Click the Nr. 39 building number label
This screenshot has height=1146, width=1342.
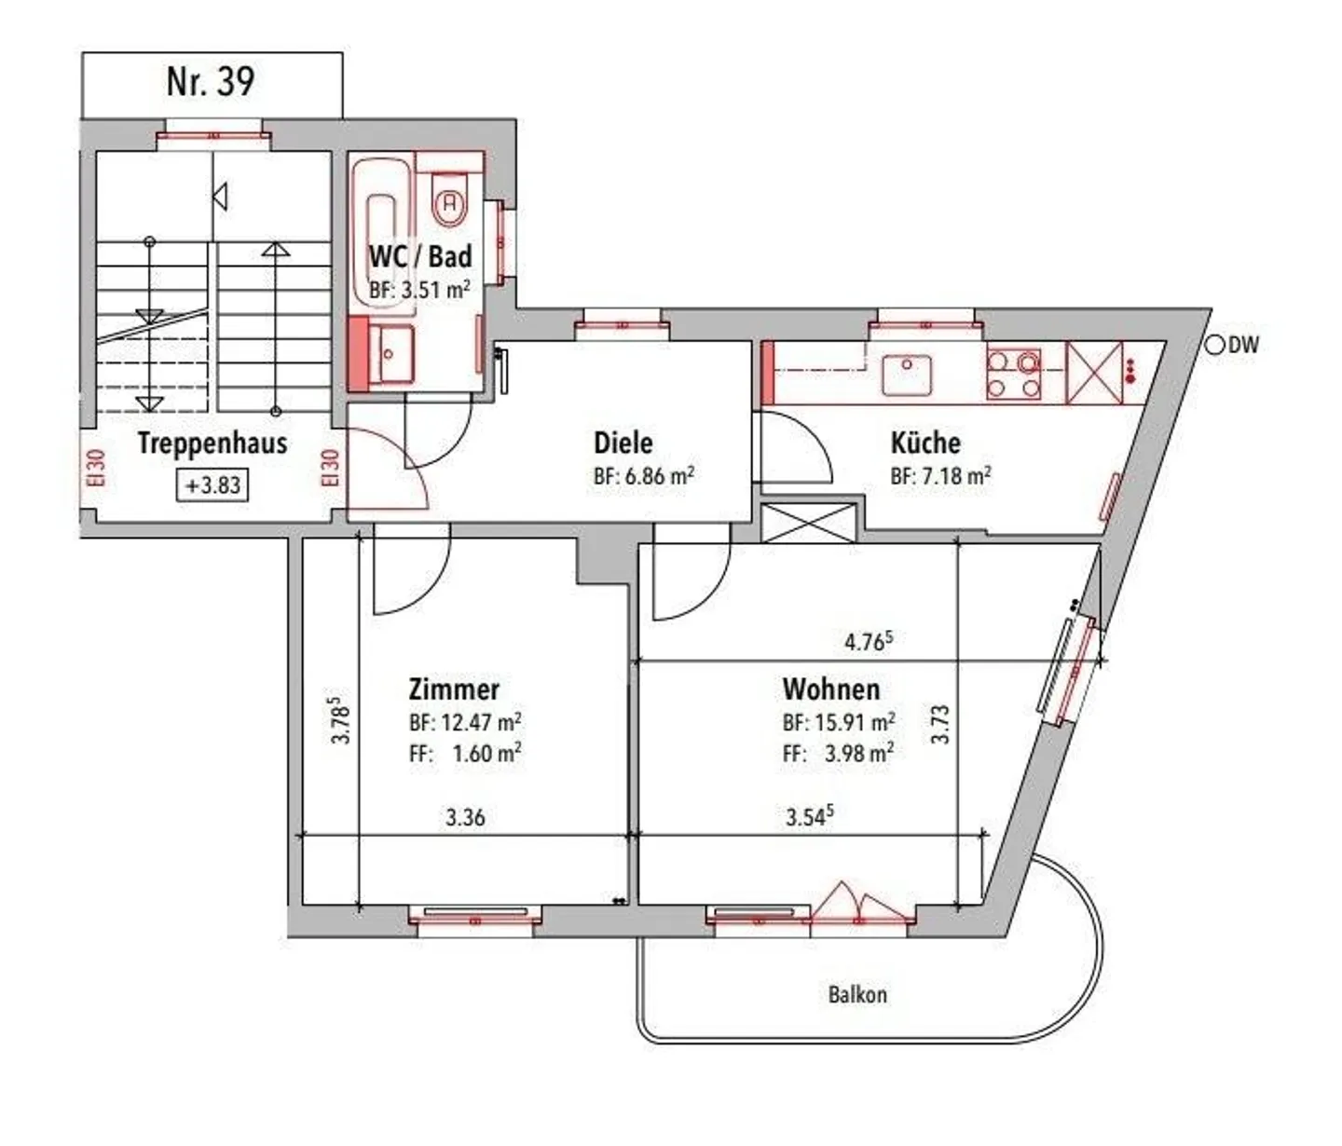(x=211, y=82)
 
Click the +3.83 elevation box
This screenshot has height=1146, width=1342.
(x=213, y=484)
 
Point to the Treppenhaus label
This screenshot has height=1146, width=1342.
(x=212, y=443)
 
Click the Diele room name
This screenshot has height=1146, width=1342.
(x=623, y=443)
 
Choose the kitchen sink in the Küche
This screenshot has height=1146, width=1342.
(x=907, y=375)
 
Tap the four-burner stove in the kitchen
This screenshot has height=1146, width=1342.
(x=1013, y=375)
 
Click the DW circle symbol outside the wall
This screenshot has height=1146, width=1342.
(x=1213, y=346)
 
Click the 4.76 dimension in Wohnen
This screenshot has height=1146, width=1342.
(x=869, y=641)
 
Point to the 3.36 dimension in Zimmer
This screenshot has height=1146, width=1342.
(x=465, y=817)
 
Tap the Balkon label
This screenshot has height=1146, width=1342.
(x=857, y=995)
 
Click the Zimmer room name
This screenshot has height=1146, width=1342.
(x=454, y=689)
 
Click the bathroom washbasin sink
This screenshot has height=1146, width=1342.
(x=390, y=354)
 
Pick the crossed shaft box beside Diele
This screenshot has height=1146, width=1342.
(x=808, y=523)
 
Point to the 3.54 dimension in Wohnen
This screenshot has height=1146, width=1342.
(x=809, y=816)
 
